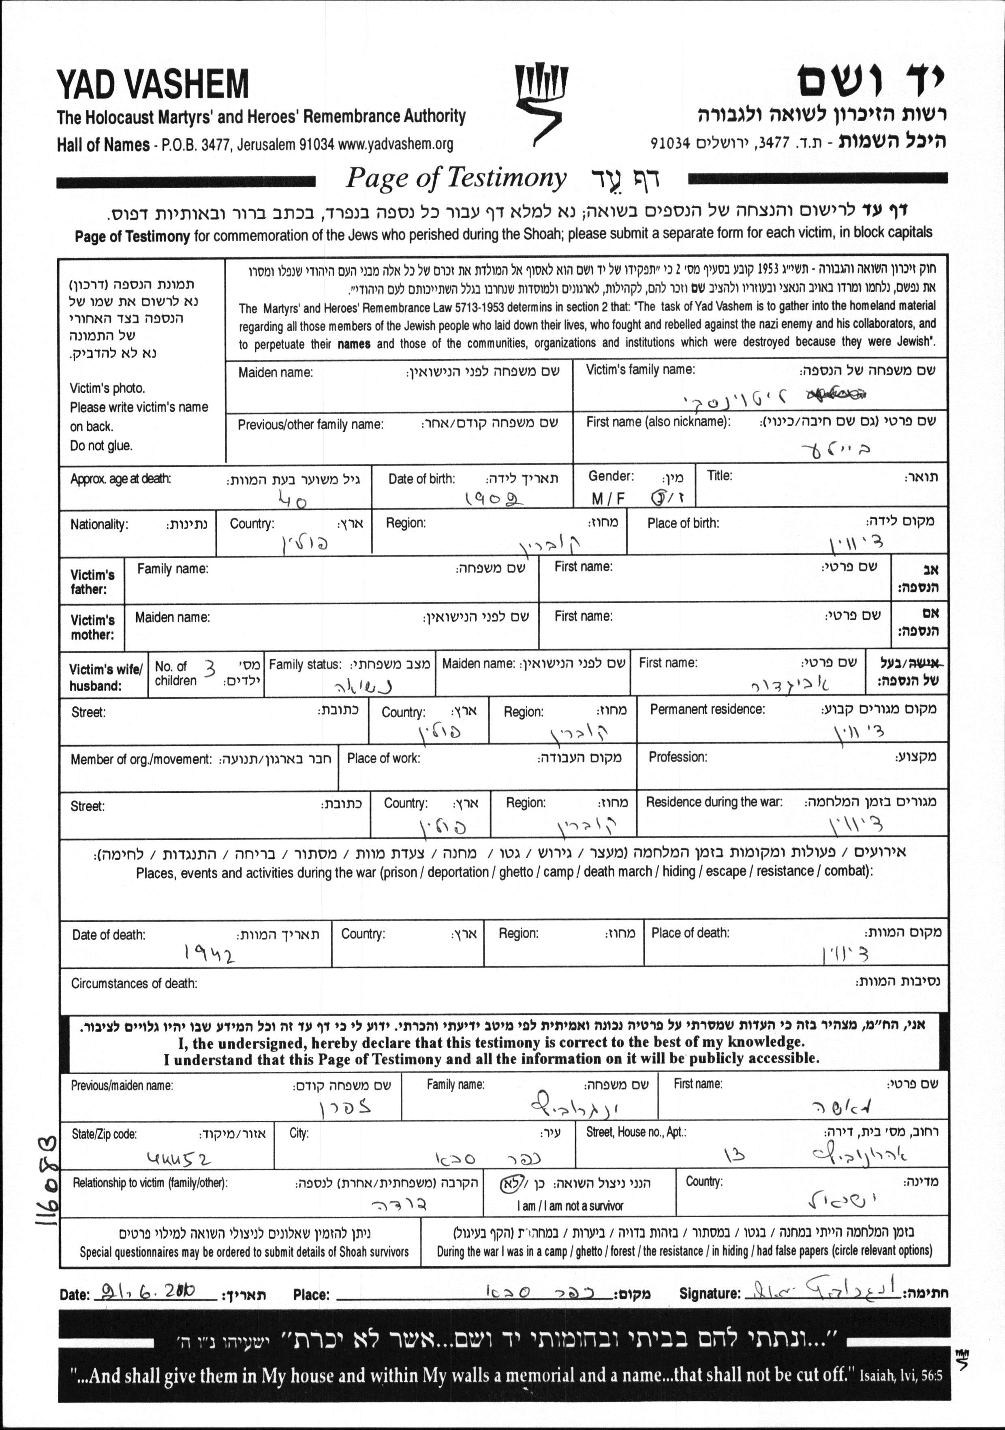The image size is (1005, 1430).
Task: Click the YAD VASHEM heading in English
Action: pos(152,86)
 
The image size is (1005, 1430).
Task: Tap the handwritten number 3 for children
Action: pos(210,670)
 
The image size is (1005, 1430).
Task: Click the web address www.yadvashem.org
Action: pos(396,144)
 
